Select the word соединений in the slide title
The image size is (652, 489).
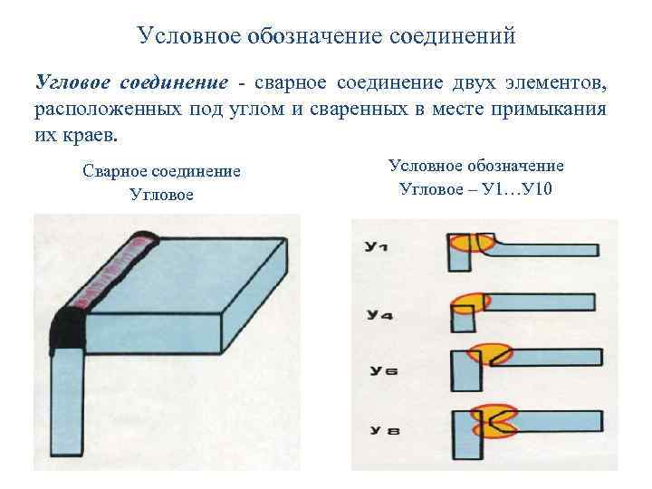(452, 36)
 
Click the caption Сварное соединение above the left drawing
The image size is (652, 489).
(161, 171)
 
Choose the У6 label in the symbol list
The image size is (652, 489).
(379, 370)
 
